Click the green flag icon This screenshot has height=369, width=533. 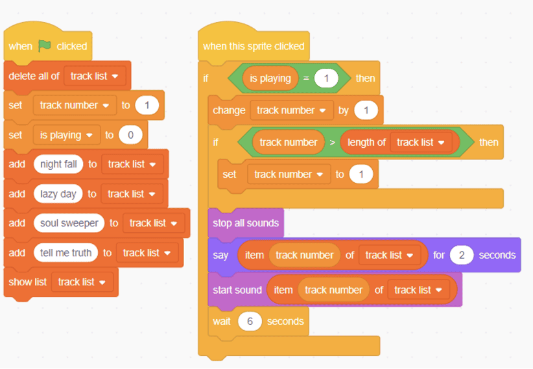point(45,46)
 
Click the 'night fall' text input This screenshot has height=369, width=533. point(58,164)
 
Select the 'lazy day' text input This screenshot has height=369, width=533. point(58,194)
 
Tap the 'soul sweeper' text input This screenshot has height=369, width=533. point(69,223)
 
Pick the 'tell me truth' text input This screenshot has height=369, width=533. point(65,253)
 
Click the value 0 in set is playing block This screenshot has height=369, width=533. point(130,135)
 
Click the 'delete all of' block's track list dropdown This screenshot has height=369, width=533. point(94,76)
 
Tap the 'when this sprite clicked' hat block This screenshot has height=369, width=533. point(253,46)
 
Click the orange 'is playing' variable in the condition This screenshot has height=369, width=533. point(270,78)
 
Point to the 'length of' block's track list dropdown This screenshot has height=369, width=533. point(421,142)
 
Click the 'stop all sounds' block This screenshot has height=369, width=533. point(245,223)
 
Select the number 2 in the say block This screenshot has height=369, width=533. point(462,255)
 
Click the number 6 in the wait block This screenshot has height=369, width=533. point(249,322)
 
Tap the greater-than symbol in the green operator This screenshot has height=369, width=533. point(333,142)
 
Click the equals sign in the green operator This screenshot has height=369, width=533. point(306,78)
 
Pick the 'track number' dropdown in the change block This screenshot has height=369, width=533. point(290,110)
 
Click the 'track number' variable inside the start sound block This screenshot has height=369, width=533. point(333,290)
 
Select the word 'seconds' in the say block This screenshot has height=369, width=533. point(497,255)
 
